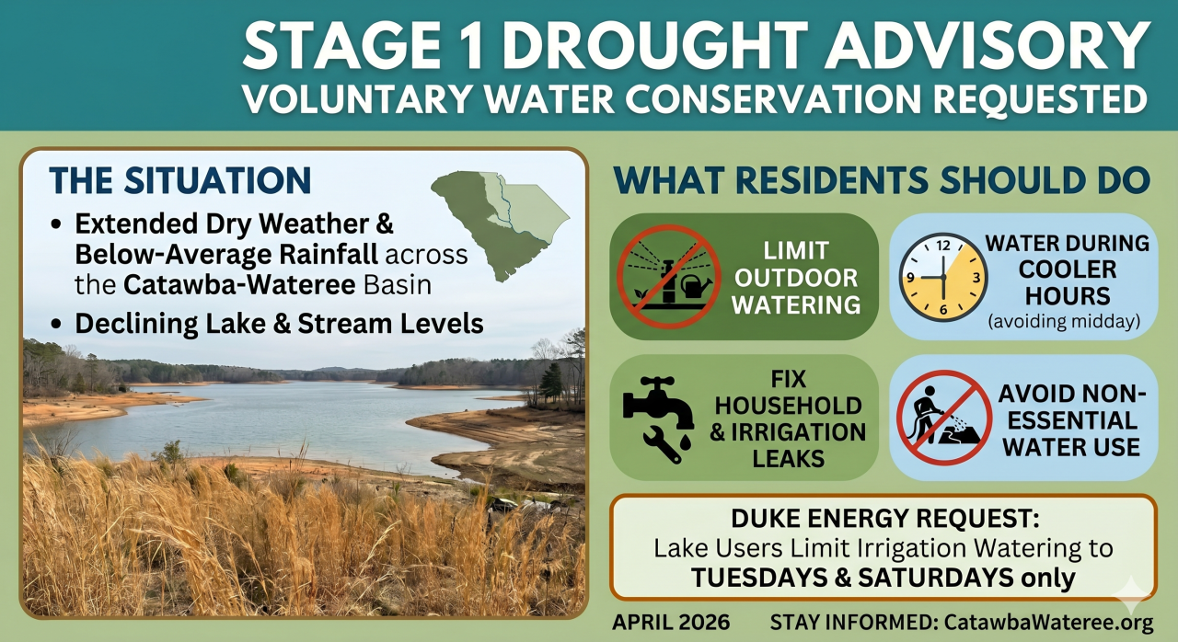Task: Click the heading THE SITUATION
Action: pyautogui.click(x=179, y=180)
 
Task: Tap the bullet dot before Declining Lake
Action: pyautogui.click(x=56, y=325)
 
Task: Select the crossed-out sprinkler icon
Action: pyautogui.click(x=668, y=277)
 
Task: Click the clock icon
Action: pyautogui.click(x=943, y=277)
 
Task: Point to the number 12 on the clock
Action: pyautogui.click(x=943, y=246)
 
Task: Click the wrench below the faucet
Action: pyautogui.click(x=662, y=444)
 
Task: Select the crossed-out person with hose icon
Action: pyautogui.click(x=944, y=418)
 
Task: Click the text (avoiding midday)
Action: pyautogui.click(x=1064, y=320)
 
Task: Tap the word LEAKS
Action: pyautogui.click(x=788, y=459)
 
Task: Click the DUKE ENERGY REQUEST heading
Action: pyautogui.click(x=885, y=519)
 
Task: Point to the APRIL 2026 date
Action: pyautogui.click(x=671, y=622)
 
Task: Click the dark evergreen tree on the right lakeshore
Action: pyautogui.click(x=551, y=382)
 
